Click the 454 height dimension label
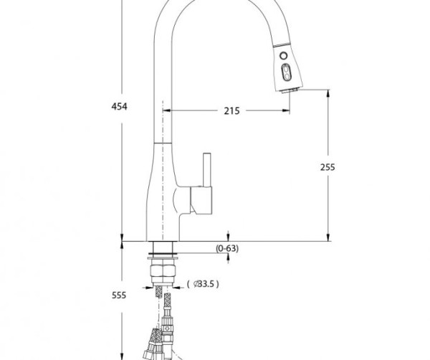119,106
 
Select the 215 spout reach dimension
231,111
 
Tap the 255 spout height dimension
328,167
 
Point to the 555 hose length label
119,295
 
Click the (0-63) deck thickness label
227,248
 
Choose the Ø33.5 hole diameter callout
203,284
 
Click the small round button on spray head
284,56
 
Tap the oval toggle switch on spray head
286,72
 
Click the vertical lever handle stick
207,170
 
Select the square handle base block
201,200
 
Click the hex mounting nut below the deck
163,271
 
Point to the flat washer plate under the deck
163,258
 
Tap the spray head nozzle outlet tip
290,90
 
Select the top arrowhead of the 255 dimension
328,93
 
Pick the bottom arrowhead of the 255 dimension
328,237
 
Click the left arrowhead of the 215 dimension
167,110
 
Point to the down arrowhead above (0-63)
228,237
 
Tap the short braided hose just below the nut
158,291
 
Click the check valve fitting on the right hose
167,328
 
